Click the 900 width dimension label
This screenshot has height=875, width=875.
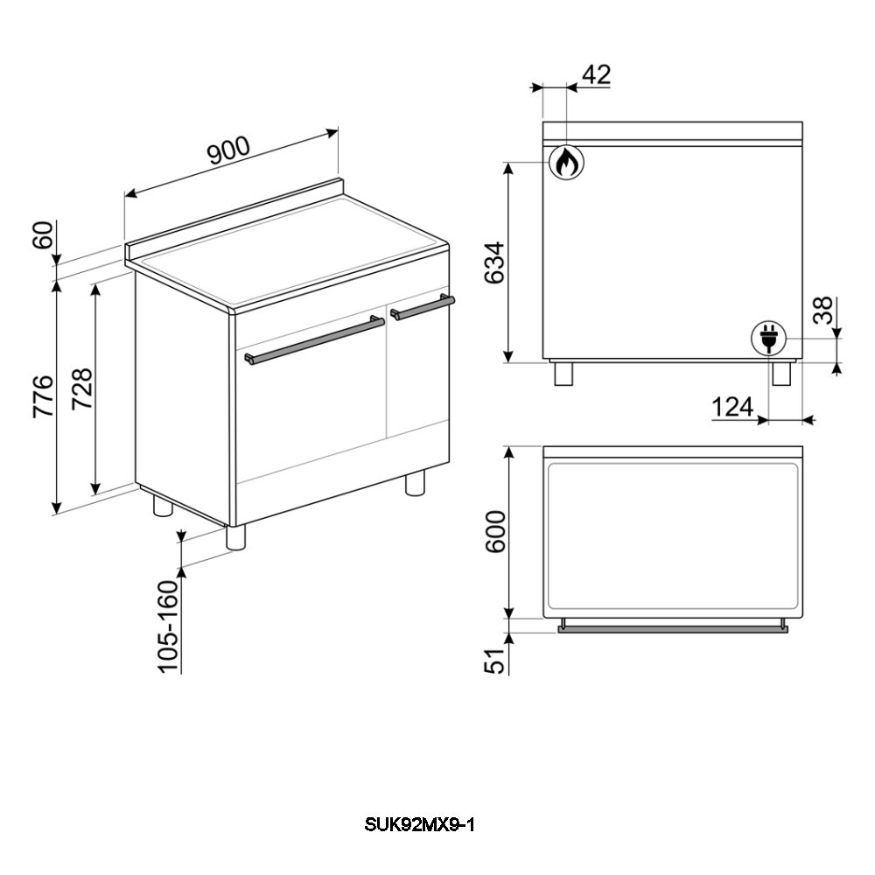point(228,150)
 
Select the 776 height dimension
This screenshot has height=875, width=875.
point(44,396)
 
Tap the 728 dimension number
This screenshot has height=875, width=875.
point(82,389)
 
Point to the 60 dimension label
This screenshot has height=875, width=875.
point(43,234)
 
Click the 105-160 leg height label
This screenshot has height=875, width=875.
point(168,626)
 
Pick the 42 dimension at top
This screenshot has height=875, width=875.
point(597,74)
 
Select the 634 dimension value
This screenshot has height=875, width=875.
point(494,262)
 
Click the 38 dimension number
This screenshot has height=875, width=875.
point(822,311)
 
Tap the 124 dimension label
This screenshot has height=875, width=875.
point(732,407)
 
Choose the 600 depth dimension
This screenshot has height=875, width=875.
point(495,532)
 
